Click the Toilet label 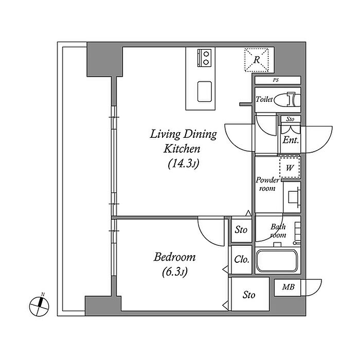tap(264, 99)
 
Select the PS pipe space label tap(276, 80)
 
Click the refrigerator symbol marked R tap(257, 60)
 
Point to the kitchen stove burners tap(204, 58)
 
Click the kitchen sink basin tap(204, 92)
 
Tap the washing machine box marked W tap(290, 168)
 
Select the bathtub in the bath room tap(277, 261)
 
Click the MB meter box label tap(288, 287)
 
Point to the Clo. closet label tap(242, 260)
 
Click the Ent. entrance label tap(291, 140)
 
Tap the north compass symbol tap(39, 305)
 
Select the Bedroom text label tap(174, 257)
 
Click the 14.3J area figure tap(183, 164)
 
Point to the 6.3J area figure tap(175, 272)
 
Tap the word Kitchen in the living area tap(182, 149)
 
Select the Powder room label tap(267, 184)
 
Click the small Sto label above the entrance tap(290, 119)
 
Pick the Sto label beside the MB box tap(249, 295)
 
